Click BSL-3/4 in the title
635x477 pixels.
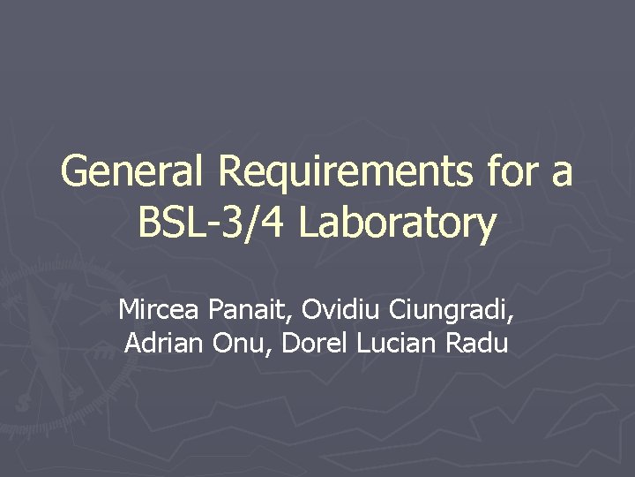coord(212,223)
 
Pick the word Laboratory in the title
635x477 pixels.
coord(397,223)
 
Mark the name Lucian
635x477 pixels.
coord(395,343)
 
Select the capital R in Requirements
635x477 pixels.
coord(231,171)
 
